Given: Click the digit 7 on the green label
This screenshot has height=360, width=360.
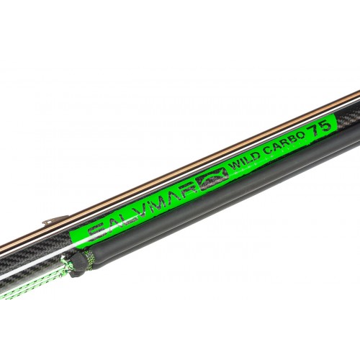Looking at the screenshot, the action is [315, 132].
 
